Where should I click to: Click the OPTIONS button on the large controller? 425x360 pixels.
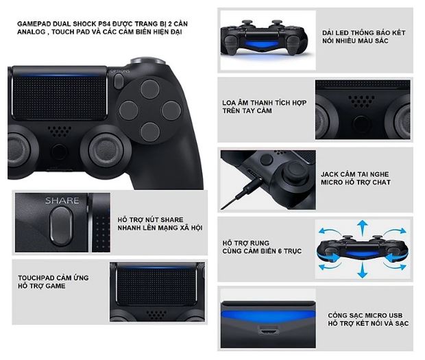(x=119, y=81)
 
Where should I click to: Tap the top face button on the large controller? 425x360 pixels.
(x=149, y=89)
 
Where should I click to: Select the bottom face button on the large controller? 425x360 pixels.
(x=150, y=132)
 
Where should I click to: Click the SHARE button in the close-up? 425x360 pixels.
(x=62, y=225)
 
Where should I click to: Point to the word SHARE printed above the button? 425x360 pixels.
(x=62, y=201)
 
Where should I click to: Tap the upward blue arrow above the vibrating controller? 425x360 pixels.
(x=362, y=228)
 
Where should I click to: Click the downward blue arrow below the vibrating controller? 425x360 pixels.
(x=362, y=271)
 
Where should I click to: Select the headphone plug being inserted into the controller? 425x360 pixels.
(x=244, y=191)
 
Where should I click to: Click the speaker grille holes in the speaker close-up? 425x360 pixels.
(x=361, y=101)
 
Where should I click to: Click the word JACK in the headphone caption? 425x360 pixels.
(x=329, y=174)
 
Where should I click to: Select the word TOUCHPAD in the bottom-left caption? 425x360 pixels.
(x=35, y=278)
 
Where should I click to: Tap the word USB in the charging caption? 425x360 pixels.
(x=396, y=315)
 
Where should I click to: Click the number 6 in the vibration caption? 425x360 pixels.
(x=280, y=251)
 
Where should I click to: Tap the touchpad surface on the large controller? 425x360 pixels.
(x=59, y=98)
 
